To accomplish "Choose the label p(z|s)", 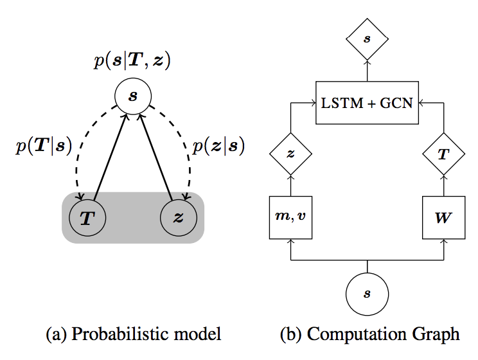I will tap(219, 147).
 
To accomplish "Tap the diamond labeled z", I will tap(291, 154).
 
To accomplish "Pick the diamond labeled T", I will tap(443, 154).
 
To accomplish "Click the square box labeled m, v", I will tap(291, 217).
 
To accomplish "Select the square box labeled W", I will tap(443, 217).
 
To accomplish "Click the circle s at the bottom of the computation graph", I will tap(367, 294).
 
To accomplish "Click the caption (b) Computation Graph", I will tap(369, 334).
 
